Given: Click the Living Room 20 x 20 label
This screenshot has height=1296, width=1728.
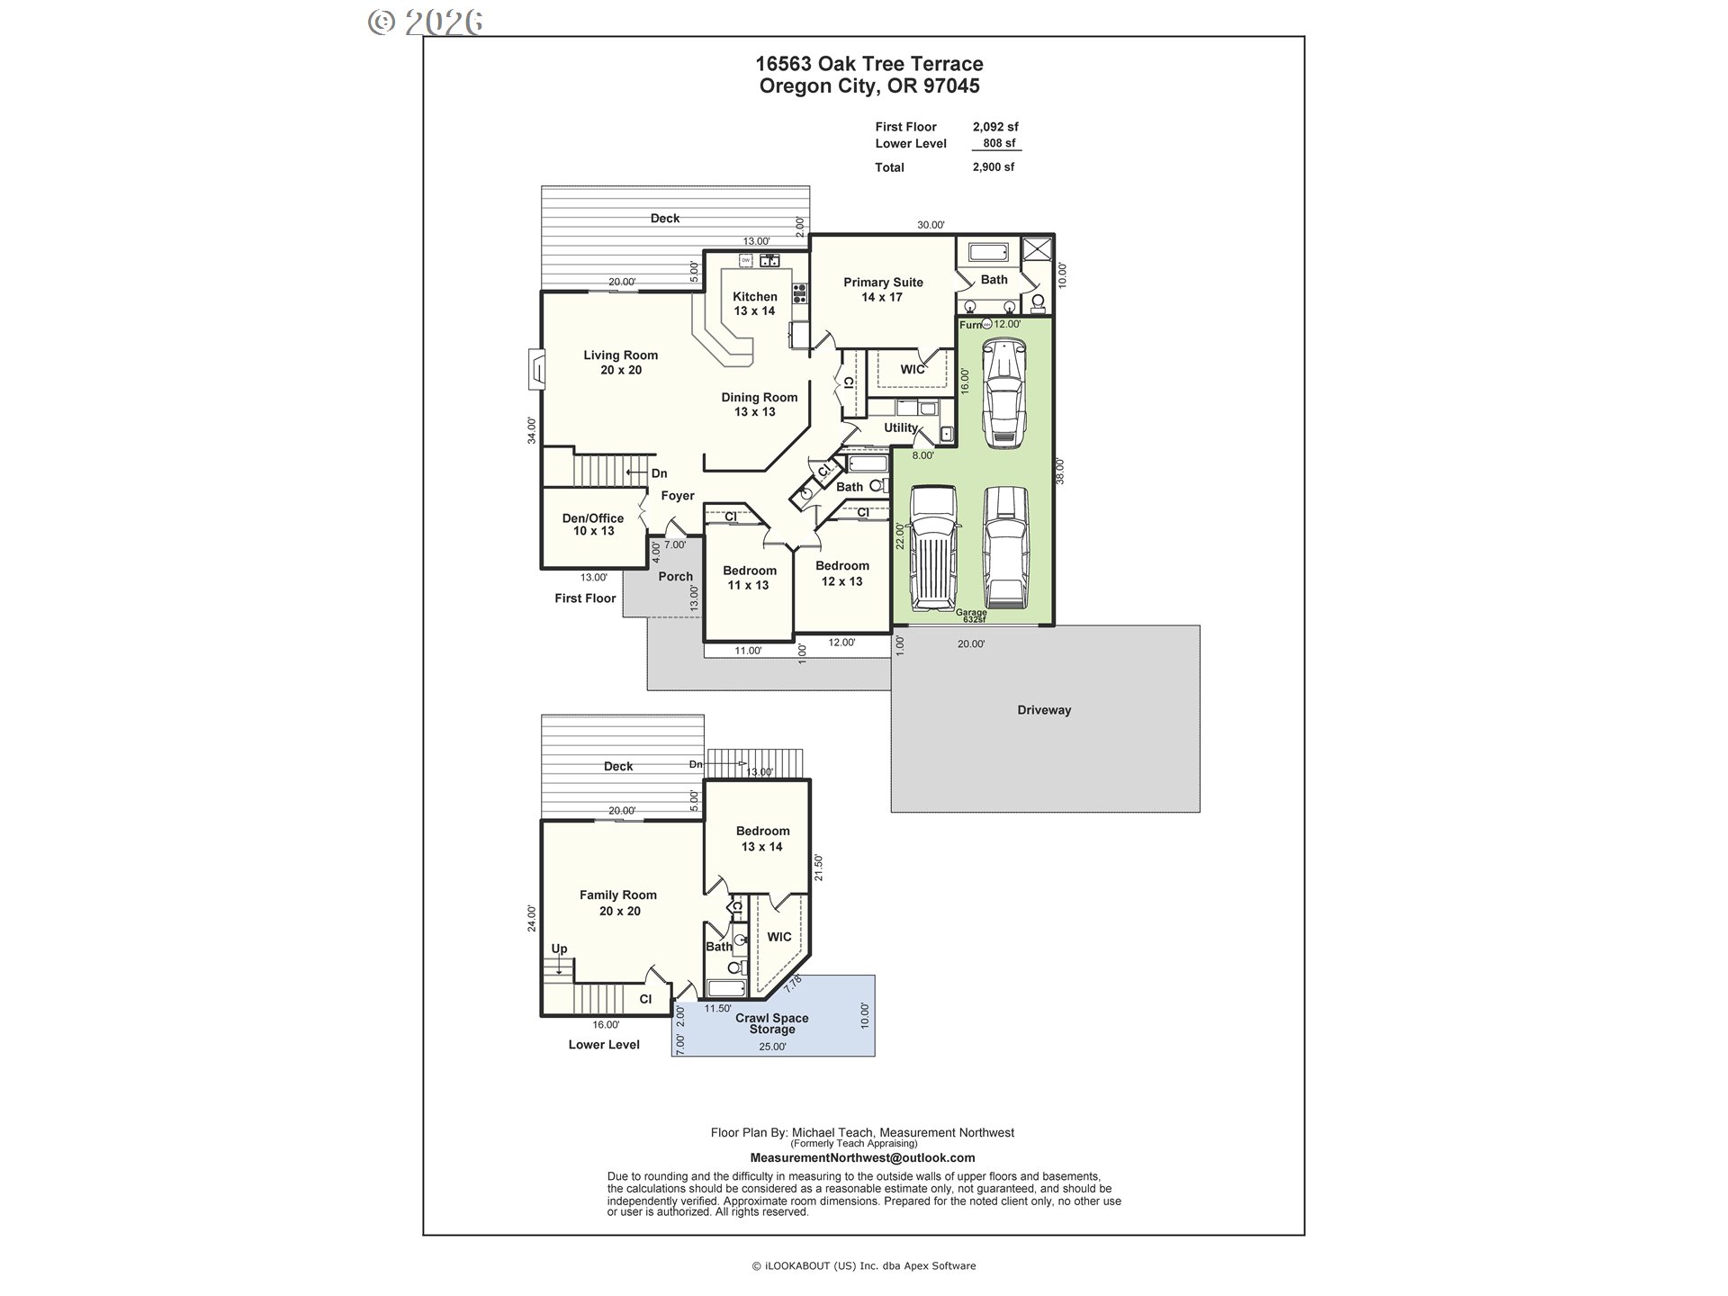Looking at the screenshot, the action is coord(620,363).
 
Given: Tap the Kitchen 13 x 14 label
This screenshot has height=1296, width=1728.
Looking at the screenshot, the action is coord(754,303).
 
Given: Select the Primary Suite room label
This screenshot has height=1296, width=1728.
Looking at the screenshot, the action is coord(883,289).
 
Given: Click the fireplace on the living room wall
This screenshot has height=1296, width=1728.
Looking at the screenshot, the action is coord(535,369).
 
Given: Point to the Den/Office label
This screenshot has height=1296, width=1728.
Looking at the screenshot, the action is coord(593,524).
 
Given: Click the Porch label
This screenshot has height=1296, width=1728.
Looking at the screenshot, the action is coord(676,577).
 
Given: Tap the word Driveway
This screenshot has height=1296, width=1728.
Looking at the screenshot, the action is coord(1044,710).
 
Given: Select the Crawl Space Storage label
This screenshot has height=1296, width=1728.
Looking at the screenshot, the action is coord(772,1023).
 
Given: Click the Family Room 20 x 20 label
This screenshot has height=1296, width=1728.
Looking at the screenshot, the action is coord(618,903).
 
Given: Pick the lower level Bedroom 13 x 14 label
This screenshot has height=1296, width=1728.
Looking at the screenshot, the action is coord(762,839).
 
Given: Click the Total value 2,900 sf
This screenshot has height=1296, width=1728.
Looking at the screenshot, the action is coord(994,167).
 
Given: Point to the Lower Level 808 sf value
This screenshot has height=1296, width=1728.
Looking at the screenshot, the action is coord(999,143).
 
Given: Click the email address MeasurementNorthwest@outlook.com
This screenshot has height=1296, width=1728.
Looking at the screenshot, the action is coord(862,1158).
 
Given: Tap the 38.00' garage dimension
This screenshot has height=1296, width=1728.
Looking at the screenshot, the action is coord(1060,471).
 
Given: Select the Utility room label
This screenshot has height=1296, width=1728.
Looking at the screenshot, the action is coord(901,427).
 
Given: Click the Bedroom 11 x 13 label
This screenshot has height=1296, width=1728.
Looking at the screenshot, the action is coord(749,578).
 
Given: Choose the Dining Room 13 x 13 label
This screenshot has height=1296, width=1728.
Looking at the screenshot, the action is coord(759,404).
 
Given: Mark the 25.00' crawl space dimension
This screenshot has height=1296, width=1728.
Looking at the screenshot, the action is coord(772,1047).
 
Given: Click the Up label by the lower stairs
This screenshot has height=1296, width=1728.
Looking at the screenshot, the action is coord(559,949).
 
